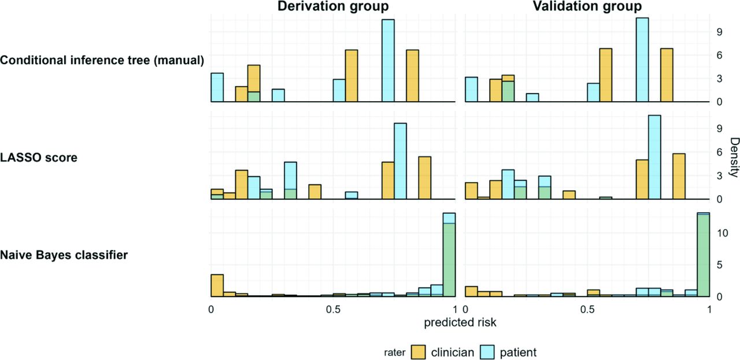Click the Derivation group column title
(333, 6)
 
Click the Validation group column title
(587, 6)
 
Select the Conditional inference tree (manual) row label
(102, 61)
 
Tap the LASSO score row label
(39, 158)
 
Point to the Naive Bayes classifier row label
(64, 255)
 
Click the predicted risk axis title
(460, 322)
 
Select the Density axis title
(734, 158)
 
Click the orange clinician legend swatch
(418, 352)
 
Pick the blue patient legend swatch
(487, 352)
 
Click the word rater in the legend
(394, 352)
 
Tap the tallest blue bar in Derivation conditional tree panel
(388, 61)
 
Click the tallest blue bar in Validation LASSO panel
(654, 157)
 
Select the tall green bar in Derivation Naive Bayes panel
(449, 260)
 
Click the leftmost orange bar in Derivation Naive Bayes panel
(217, 285)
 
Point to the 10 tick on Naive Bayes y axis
(723, 233)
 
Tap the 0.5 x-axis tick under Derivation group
(333, 310)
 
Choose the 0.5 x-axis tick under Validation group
(587, 310)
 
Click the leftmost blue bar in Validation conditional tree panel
(471, 90)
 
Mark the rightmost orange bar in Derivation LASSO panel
(425, 178)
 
